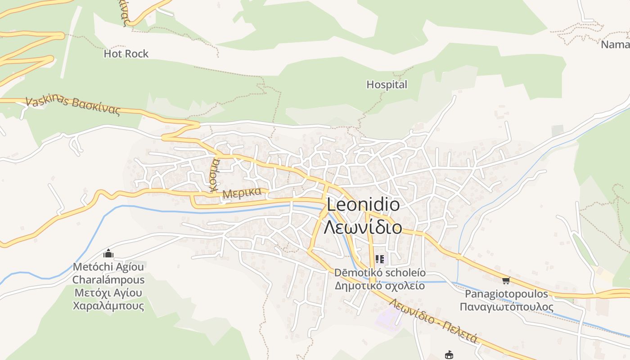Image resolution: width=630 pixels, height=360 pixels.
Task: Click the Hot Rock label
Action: (x=126, y=54)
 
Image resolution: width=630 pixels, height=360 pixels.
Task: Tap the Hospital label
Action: (x=387, y=85)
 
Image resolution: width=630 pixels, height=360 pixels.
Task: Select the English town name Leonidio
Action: (x=363, y=205)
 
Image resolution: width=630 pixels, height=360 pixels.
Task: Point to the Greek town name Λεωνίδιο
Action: (x=363, y=227)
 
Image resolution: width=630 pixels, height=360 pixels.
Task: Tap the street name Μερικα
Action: (x=242, y=193)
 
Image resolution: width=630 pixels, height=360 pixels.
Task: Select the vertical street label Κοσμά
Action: (x=214, y=174)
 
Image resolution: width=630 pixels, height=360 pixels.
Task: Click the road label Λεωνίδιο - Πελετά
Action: (x=433, y=321)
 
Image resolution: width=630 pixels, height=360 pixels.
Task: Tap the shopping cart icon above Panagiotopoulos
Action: (x=506, y=281)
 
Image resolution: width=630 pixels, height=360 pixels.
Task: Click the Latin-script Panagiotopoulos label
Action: (x=506, y=294)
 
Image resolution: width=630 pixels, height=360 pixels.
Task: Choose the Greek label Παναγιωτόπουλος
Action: (x=506, y=307)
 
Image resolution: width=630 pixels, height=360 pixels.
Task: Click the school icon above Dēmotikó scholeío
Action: (x=379, y=259)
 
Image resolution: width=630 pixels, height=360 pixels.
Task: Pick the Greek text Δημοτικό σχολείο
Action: (x=379, y=286)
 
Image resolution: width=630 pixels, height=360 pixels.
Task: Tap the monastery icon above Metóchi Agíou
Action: (x=108, y=254)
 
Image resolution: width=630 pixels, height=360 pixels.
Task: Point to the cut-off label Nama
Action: (x=615, y=45)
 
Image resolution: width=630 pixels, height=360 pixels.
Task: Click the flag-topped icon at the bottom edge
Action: (x=449, y=355)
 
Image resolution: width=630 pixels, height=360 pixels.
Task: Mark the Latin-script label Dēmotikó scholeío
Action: (x=379, y=273)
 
